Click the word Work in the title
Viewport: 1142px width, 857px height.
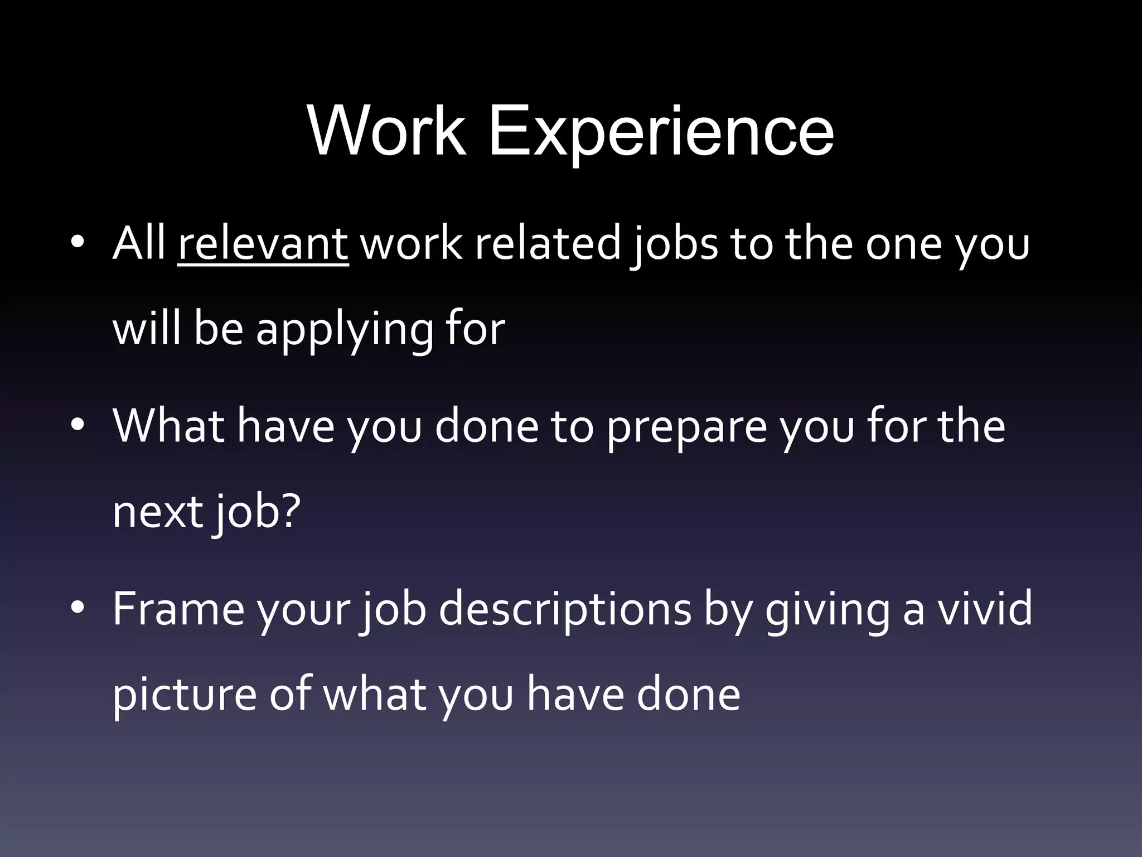click(x=386, y=132)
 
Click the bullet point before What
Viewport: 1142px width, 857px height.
click(x=78, y=425)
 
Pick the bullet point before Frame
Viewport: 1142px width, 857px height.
click(x=78, y=608)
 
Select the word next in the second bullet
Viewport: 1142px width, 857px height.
click(x=157, y=512)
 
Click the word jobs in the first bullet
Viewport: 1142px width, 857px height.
click(x=674, y=245)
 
